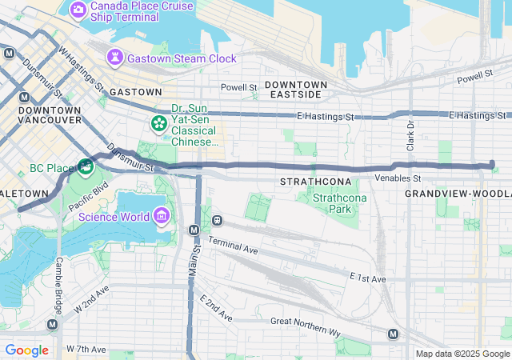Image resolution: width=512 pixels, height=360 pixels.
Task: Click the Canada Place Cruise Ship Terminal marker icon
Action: click(78, 10)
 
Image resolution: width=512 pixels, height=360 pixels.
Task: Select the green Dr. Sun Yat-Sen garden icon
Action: click(158, 123)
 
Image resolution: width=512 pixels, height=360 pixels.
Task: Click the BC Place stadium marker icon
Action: click(86, 168)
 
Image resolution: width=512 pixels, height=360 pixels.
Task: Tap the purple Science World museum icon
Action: click(162, 217)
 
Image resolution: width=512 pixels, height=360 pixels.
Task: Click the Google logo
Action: click(26, 350)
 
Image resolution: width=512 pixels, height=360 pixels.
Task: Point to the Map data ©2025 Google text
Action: click(462, 354)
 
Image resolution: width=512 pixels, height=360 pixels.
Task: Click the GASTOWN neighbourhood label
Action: click(136, 92)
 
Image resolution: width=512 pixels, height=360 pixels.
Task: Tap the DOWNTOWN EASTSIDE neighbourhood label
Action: click(295, 90)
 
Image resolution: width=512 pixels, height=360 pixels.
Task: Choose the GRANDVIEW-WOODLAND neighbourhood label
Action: click(458, 194)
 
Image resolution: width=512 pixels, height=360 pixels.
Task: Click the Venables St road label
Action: click(397, 178)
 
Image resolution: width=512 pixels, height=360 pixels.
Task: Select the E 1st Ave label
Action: click(367, 278)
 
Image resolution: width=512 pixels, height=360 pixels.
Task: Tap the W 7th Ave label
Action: click(86, 350)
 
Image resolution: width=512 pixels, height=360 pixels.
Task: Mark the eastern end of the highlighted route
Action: click(491, 165)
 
